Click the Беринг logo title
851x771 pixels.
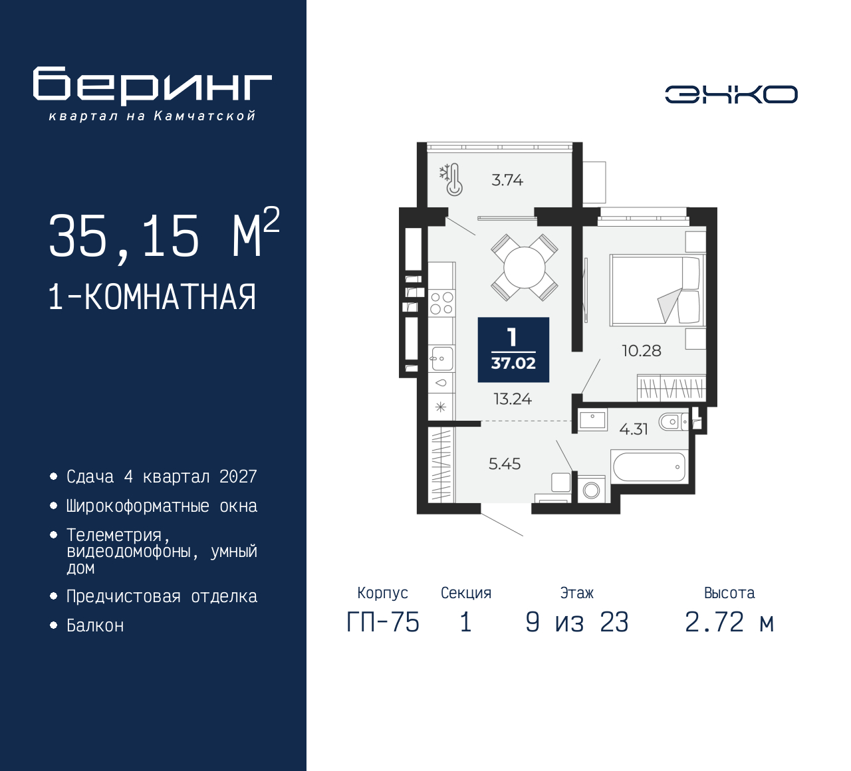tap(152, 86)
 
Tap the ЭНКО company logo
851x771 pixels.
tap(731, 94)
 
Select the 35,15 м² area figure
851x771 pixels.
tap(164, 235)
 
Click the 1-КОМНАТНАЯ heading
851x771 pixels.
tap(152, 297)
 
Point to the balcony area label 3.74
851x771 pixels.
tap(507, 180)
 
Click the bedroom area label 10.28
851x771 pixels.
tap(641, 351)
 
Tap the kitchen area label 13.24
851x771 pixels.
tap(513, 399)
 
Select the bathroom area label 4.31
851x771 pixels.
tap(633, 429)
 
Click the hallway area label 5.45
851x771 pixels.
tap(505, 464)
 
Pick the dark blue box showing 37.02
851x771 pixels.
tap(513, 350)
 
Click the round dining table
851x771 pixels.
tap(525, 267)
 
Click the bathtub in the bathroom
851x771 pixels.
tap(649, 467)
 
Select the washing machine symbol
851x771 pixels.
tap(591, 490)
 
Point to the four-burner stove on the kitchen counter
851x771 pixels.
tap(441, 303)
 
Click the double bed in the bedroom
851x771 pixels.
tap(655, 290)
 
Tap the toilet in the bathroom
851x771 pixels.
tap(672, 421)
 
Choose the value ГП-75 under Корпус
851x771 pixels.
tap(383, 623)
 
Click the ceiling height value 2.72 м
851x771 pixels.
tap(729, 623)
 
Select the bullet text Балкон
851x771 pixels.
tap(95, 626)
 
